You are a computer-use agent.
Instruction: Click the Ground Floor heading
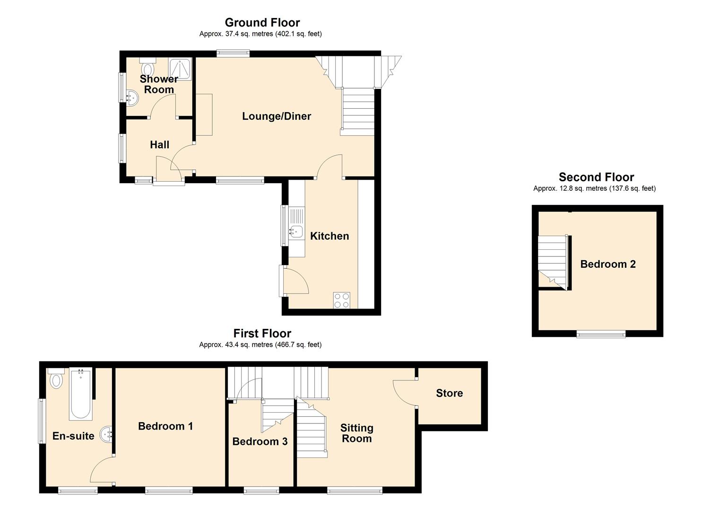click(x=262, y=23)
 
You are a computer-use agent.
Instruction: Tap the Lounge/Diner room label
click(x=277, y=116)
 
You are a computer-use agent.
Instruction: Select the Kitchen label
click(x=329, y=236)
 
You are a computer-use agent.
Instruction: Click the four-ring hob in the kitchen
click(x=342, y=300)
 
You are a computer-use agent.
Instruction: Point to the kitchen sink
click(x=296, y=232)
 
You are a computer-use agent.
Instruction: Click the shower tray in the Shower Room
click(x=180, y=69)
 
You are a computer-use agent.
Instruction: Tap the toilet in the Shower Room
click(x=147, y=67)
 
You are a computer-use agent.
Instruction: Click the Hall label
click(x=159, y=145)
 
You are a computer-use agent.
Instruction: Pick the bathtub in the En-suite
click(x=81, y=394)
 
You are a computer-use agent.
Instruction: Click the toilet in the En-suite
click(x=56, y=379)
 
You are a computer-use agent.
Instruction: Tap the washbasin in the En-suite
click(x=106, y=435)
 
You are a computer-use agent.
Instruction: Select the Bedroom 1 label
click(x=165, y=426)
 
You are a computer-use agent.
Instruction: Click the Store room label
click(x=450, y=393)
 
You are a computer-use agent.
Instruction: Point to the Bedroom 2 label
click(x=608, y=264)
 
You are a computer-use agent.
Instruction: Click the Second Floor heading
click(x=597, y=177)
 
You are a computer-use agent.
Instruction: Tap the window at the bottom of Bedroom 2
click(x=601, y=335)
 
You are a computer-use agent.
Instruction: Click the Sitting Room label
click(x=356, y=433)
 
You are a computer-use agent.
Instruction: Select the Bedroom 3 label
click(x=260, y=441)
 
